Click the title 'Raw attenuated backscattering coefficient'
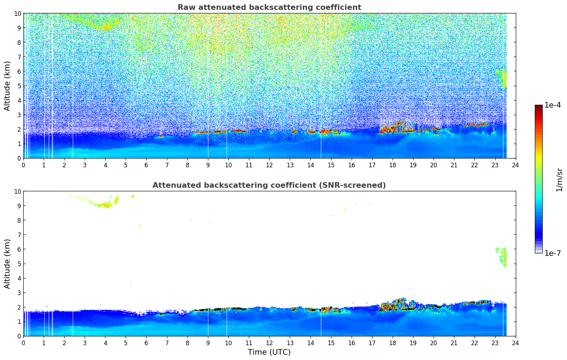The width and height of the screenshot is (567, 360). [x=269, y=7]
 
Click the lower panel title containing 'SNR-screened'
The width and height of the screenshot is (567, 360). [x=269, y=185]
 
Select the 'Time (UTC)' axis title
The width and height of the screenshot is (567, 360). [x=269, y=352]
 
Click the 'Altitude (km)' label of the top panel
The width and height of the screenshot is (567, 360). [x=7, y=86]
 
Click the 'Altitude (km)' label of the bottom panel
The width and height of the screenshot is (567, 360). [x=7, y=264]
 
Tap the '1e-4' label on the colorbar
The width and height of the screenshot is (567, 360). [x=553, y=105]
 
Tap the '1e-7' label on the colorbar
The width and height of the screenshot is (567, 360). [x=553, y=253]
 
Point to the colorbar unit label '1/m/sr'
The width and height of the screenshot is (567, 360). [x=559, y=179]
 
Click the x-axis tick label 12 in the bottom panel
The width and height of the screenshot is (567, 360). [x=269, y=343]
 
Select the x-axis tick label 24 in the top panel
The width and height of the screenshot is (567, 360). [x=515, y=165]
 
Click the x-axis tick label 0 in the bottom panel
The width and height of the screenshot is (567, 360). [x=24, y=343]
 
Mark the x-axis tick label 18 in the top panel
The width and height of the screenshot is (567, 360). [x=393, y=165]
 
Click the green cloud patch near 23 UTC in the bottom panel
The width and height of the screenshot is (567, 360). [x=503, y=257]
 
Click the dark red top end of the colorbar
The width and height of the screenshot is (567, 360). [x=538, y=107]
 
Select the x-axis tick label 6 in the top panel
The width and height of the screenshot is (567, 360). [x=147, y=165]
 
